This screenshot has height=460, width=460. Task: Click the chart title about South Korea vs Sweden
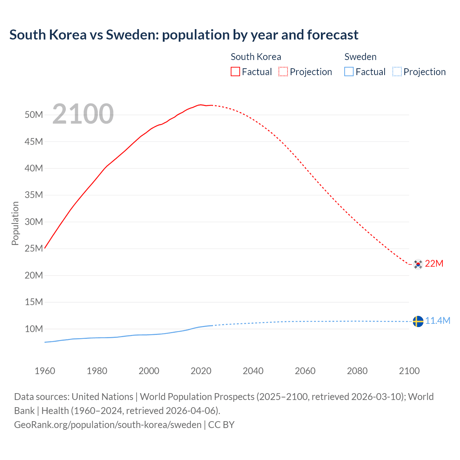pos(184,35)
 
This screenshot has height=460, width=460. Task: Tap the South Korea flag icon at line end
pos(418,264)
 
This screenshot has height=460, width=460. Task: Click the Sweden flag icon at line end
pos(418,321)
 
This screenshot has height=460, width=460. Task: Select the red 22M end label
pos(434,264)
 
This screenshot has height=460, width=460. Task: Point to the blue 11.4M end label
pos(438,321)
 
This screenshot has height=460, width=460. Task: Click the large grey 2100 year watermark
pos(83,114)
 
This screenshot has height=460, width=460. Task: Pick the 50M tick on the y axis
pos(34,115)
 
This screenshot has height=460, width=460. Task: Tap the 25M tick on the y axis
pos(34,249)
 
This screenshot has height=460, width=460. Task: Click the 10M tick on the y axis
pos(34,329)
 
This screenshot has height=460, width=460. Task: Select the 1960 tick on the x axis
pos(45,371)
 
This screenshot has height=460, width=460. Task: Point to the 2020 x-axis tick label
pos(201,371)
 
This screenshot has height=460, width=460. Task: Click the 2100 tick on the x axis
pos(409,371)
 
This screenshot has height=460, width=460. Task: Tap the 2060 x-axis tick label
pos(305,371)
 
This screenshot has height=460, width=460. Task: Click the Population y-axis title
pos(15,223)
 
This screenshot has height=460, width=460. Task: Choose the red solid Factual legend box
pos(235,72)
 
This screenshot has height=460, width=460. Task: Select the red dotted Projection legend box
pos(283,72)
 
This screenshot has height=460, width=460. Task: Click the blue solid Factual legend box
pos(349,72)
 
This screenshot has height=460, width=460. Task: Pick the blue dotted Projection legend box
pos(397,72)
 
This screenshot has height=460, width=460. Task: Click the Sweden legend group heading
pos(360,57)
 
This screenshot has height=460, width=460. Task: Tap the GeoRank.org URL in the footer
pos(108,425)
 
